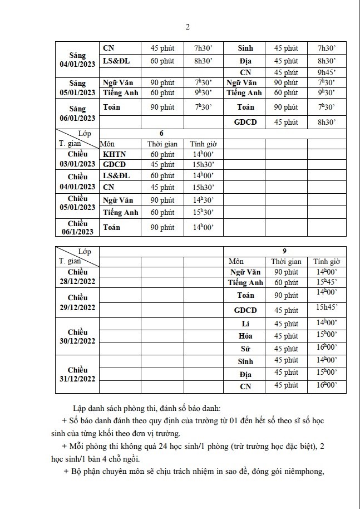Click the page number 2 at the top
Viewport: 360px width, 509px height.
point(187,27)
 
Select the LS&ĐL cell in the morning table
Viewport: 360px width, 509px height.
point(117,61)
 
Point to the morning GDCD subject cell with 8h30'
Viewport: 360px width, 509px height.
point(245,123)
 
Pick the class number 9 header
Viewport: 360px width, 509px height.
point(284,251)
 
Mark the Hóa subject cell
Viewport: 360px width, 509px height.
point(245,336)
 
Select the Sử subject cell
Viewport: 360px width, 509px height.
point(245,348)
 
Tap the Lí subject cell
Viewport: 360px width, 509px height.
point(245,324)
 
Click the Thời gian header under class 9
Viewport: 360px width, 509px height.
point(286,261)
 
